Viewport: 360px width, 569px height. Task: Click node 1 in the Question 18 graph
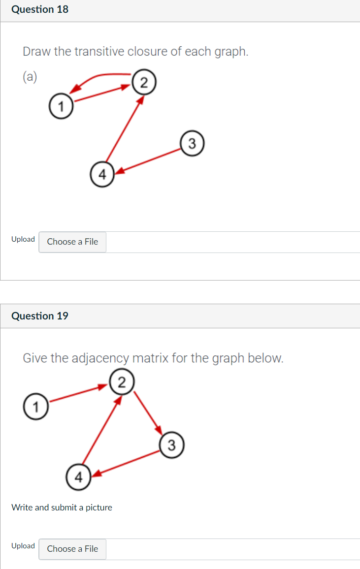61,106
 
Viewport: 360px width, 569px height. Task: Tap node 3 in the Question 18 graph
192,143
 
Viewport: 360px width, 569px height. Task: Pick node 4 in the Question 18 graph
102,174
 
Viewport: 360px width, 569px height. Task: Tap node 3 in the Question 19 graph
171,446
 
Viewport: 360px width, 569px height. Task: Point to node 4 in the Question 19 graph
79,476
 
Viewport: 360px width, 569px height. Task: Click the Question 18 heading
40,9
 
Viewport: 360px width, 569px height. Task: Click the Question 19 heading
40,316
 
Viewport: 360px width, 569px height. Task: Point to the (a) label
30,76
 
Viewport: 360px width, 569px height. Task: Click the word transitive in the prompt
102,51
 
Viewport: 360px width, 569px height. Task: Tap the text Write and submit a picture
62,507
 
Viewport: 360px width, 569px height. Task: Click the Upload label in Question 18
23,239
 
